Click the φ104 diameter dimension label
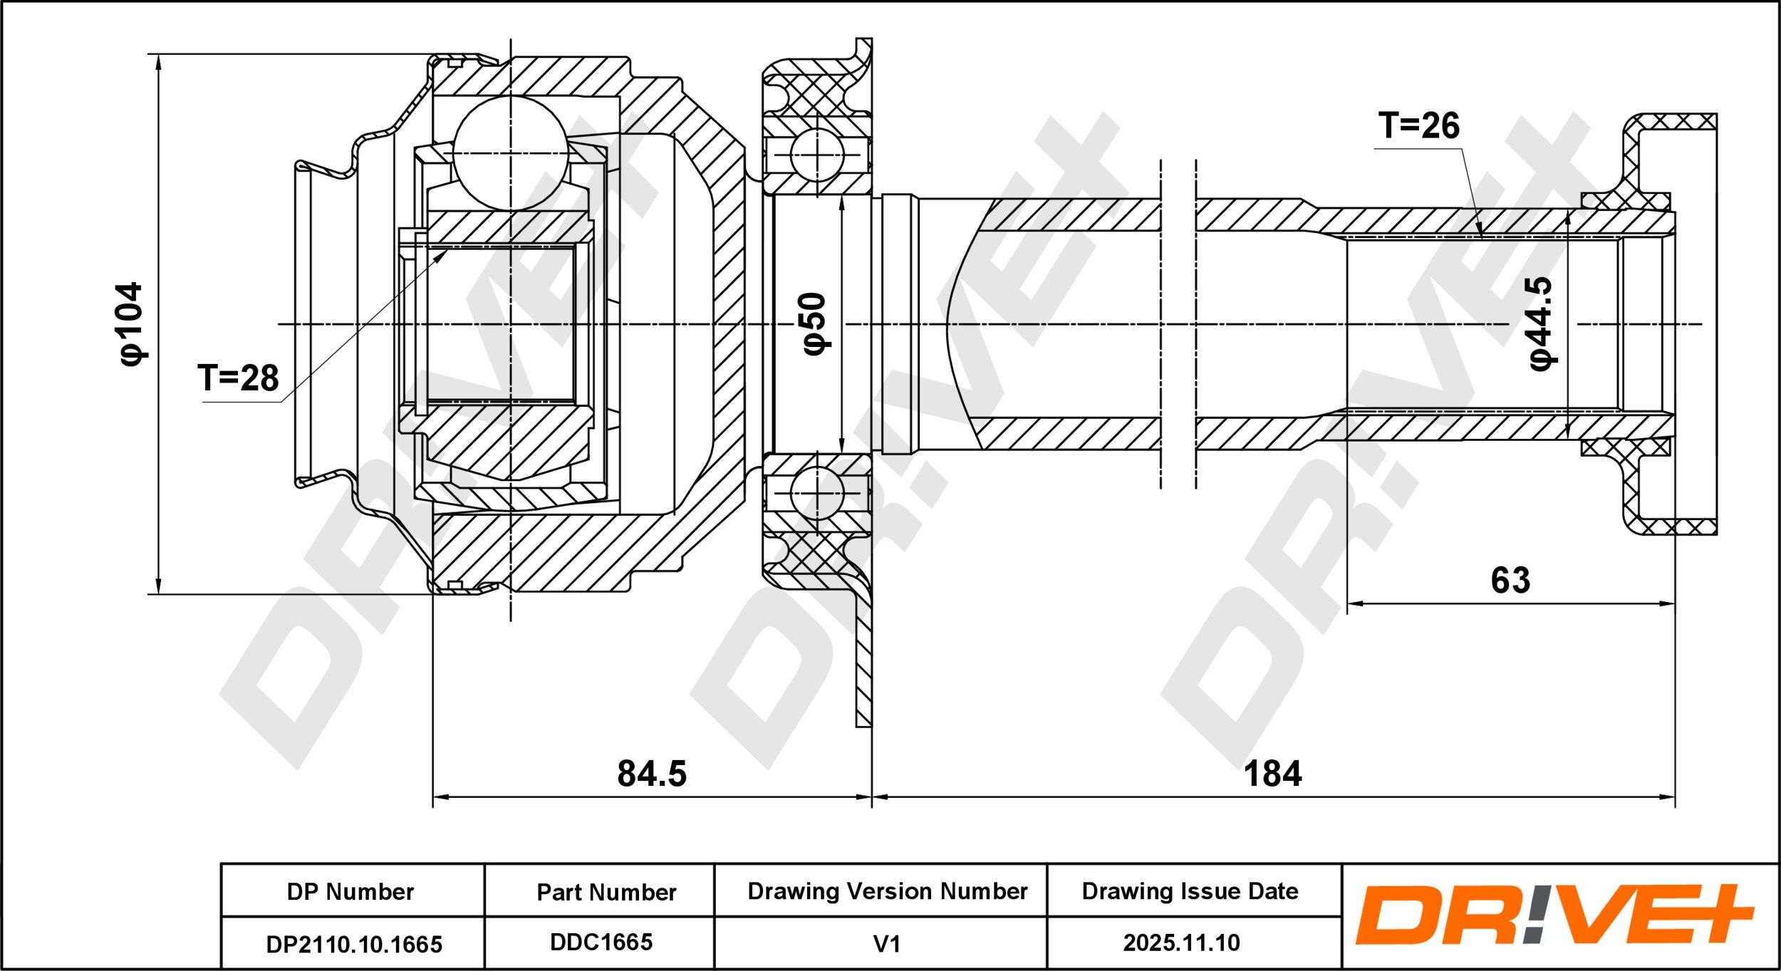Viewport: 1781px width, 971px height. point(133,324)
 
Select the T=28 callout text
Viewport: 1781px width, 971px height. point(238,378)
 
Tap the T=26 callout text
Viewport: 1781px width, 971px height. point(1419,125)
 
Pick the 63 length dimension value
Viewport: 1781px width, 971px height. point(1510,581)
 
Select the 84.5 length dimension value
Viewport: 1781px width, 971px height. point(652,774)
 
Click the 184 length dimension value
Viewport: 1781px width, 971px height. point(1272,774)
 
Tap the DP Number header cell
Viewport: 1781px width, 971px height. point(351,891)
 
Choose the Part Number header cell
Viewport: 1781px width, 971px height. point(606,892)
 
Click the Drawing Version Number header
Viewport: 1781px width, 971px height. point(888,891)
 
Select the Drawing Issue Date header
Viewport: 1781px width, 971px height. point(1190,891)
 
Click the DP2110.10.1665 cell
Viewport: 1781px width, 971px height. point(354,944)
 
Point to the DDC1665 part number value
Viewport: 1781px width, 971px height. point(601,942)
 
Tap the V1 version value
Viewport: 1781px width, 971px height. point(887,944)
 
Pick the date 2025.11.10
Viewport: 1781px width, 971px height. point(1182,943)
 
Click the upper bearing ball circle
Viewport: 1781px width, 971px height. point(817,155)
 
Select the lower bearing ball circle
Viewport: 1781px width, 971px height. point(817,493)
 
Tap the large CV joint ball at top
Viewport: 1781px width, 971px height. point(511,152)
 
